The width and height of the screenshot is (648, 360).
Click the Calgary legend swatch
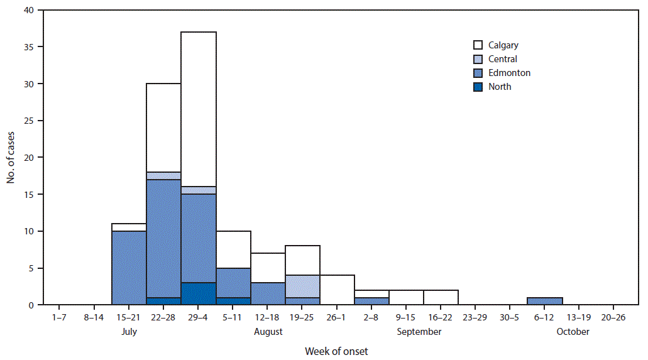(x=478, y=45)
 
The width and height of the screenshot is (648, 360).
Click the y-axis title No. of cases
(x=11, y=157)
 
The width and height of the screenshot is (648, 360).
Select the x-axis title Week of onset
(x=336, y=351)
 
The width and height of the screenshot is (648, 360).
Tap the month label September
(x=419, y=332)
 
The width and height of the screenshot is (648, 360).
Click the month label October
(x=573, y=332)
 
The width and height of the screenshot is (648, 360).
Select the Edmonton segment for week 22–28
(x=163, y=239)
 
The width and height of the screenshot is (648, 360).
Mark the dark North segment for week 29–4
(x=199, y=294)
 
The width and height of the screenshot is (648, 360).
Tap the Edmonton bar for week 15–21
(x=129, y=268)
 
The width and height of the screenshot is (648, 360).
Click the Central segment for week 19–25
(x=302, y=286)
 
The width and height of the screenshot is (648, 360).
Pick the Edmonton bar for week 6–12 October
(x=544, y=302)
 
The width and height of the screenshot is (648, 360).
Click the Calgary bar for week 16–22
(x=441, y=298)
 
